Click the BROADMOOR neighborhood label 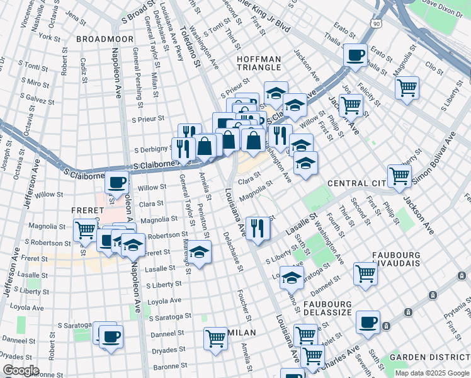pyautogui.click(x=105, y=39)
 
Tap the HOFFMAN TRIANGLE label pyautogui.click(x=258, y=62)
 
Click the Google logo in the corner pyautogui.click(x=21, y=370)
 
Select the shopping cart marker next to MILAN pyautogui.click(x=215, y=338)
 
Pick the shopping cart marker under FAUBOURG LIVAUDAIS pyautogui.click(x=365, y=273)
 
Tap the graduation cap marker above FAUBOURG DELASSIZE pyautogui.click(x=292, y=277)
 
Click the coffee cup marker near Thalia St pyautogui.click(x=356, y=54)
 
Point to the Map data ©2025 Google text pyautogui.click(x=431, y=373)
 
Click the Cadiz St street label pyautogui.click(x=83, y=70)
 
